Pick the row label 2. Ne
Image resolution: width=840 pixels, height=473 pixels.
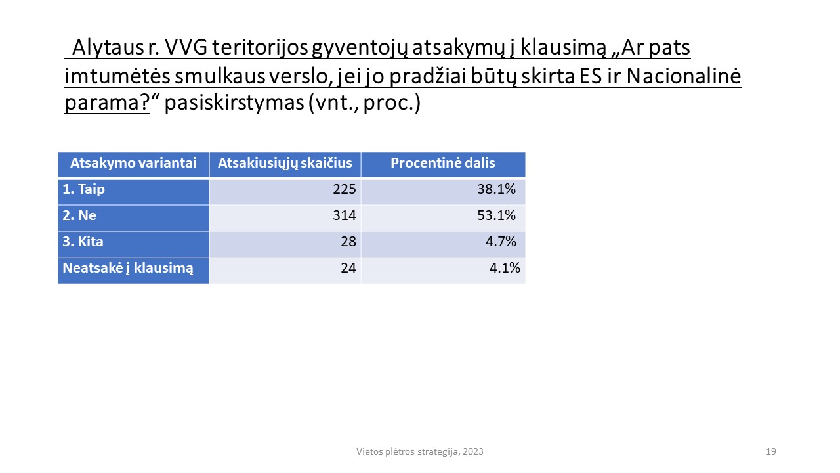pyautogui.click(x=79, y=215)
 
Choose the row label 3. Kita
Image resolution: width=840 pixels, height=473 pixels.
pyautogui.click(x=83, y=242)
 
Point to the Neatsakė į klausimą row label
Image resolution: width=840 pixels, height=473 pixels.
pyautogui.click(x=128, y=269)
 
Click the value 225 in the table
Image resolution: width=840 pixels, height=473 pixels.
pyautogui.click(x=345, y=189)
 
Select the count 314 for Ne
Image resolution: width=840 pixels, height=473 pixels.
pyautogui.click(x=345, y=215)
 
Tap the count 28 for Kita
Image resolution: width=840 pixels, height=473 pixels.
pyautogui.click(x=348, y=241)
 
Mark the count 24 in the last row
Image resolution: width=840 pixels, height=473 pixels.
pyautogui.click(x=348, y=267)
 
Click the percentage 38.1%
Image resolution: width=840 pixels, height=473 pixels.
pyautogui.click(x=496, y=189)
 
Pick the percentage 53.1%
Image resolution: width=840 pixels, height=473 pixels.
pyautogui.click(x=496, y=215)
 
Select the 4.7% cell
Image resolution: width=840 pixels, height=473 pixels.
pyautogui.click(x=501, y=241)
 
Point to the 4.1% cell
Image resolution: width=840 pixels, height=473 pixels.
pyautogui.click(x=505, y=267)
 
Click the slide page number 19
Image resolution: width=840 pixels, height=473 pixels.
pyautogui.click(x=770, y=451)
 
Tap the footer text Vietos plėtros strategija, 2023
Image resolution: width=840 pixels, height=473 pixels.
pyautogui.click(x=419, y=451)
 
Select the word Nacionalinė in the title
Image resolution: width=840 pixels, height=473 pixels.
pyautogui.click(x=684, y=76)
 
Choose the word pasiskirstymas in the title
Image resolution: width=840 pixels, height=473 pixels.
pyautogui.click(x=234, y=102)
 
